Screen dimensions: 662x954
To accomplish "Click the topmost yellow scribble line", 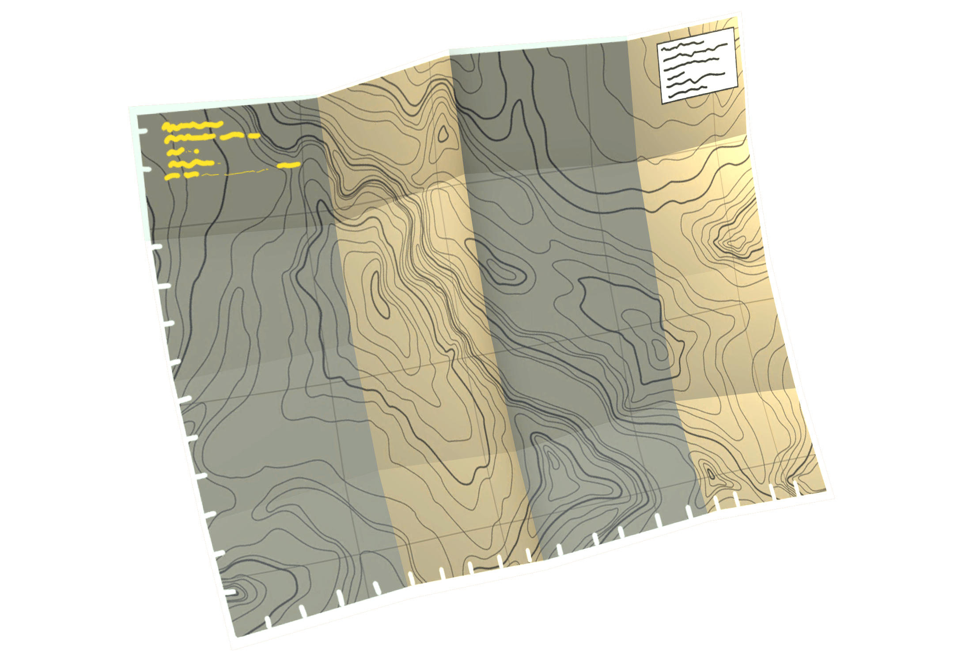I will point(192,126).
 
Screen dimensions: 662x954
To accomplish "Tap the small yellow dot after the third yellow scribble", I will point(196,152).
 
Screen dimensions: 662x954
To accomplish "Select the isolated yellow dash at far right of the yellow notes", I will point(288,165).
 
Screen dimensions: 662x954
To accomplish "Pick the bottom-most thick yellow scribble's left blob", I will point(172,177).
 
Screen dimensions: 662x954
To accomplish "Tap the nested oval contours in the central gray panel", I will point(503,270).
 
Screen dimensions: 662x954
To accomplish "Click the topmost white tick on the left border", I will point(142,131).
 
